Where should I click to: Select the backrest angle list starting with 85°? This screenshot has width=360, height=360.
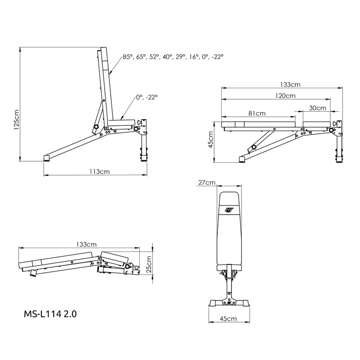173,57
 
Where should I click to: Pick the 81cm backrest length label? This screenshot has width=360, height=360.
257,113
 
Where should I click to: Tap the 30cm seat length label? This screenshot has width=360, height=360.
317,108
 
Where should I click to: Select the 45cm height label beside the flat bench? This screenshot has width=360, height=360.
211,141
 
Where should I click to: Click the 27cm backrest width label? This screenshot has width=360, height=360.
206,182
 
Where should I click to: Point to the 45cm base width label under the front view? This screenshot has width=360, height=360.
228,319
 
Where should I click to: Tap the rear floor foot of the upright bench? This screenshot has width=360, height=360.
47,156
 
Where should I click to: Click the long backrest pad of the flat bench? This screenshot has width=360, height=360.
258,124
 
